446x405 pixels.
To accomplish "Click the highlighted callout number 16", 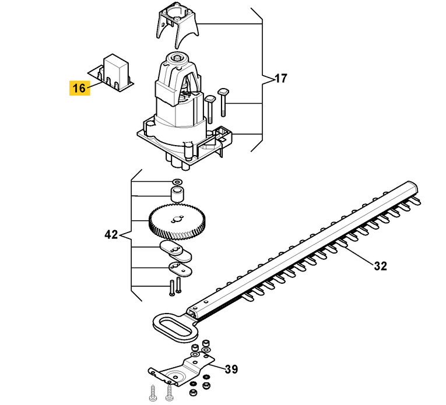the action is [x=80, y=88].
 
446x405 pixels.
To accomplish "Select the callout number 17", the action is [x=281, y=78].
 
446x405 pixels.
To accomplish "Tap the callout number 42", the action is [x=111, y=235].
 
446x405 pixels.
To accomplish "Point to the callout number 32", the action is [x=380, y=266].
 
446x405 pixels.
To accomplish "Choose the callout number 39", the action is [x=231, y=369].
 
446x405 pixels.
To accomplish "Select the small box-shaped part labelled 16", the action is [x=111, y=73].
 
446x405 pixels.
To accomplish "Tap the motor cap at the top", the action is [x=177, y=26].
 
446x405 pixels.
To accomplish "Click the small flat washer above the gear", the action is [x=177, y=182].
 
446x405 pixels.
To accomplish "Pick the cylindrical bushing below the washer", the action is [x=177, y=194].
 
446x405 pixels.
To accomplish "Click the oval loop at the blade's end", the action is [x=175, y=328].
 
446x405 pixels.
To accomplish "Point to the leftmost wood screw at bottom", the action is [x=153, y=393].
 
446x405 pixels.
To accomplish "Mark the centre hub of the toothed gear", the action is [x=177, y=220].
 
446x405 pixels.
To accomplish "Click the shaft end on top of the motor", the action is [x=178, y=57].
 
